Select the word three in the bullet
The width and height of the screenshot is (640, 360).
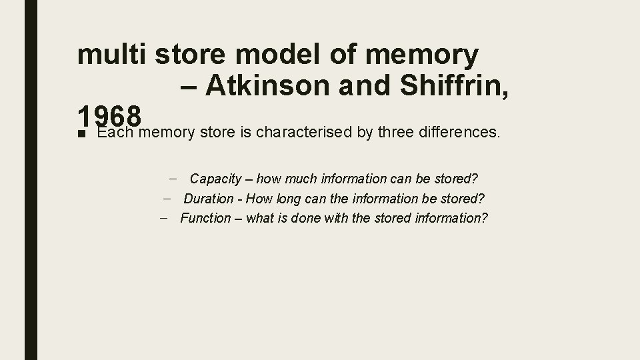[395, 132]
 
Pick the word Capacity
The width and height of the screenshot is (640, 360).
[215, 179]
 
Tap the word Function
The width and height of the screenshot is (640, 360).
[205, 218]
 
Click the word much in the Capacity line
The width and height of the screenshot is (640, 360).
[303, 179]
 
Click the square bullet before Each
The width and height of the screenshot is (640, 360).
[81, 133]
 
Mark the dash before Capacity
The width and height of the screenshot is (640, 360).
[173, 178]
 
